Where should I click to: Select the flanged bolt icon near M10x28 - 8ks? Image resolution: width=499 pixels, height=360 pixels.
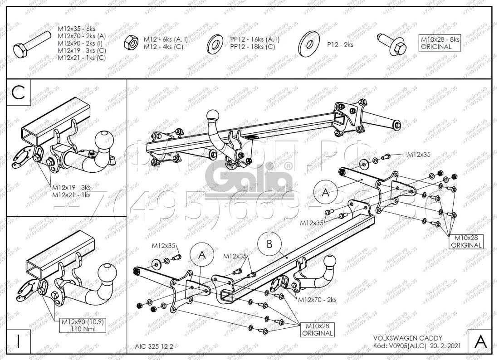click(x=394, y=44)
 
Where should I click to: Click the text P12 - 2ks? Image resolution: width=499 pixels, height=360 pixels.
click(x=340, y=44)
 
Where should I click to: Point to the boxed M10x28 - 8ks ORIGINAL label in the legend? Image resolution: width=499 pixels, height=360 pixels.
click(x=440, y=43)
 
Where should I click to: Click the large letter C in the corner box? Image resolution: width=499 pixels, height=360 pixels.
click(x=19, y=94)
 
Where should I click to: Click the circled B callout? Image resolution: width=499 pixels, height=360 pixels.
click(x=269, y=244)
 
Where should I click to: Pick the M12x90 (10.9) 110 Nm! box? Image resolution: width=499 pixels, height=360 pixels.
click(x=78, y=325)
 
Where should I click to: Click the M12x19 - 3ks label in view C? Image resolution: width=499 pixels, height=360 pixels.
click(x=71, y=187)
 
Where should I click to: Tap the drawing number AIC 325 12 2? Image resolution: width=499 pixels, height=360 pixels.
click(x=154, y=345)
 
